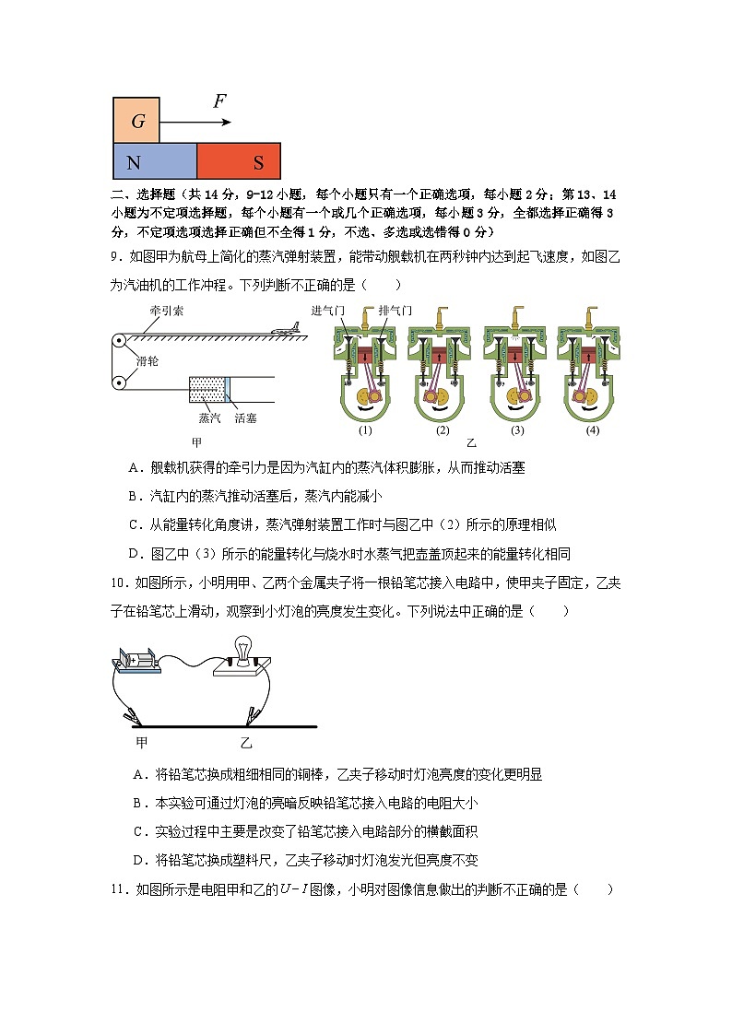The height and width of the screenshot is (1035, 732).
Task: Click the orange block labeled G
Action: point(136,121)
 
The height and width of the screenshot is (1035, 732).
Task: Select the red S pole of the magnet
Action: point(239,161)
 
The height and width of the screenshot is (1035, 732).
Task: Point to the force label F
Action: point(219,101)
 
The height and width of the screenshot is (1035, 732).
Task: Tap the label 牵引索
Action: point(167,311)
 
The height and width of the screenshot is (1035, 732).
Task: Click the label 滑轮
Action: point(148,360)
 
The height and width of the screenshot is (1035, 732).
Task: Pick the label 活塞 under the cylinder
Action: point(244,418)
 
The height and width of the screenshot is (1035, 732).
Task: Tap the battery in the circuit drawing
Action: point(136,662)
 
